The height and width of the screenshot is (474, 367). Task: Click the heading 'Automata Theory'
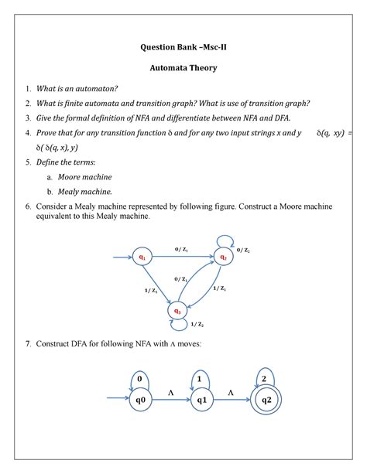point(183,68)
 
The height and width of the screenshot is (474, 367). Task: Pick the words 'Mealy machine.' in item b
point(91,191)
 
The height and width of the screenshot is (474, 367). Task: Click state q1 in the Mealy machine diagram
point(142,257)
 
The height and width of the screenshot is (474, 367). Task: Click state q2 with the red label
point(223,257)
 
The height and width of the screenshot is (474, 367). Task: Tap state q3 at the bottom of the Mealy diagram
point(178,312)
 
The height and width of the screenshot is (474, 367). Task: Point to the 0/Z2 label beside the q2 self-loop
point(243,251)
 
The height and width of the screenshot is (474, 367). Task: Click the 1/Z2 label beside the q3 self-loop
point(198,325)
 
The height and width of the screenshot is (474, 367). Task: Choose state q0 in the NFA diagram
point(140,400)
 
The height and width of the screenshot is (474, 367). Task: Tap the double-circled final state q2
point(266,400)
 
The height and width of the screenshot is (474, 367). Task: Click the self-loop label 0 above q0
point(140,380)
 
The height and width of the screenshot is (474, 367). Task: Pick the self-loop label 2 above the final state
point(266,378)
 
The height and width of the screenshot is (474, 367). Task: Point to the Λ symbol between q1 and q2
point(230,393)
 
